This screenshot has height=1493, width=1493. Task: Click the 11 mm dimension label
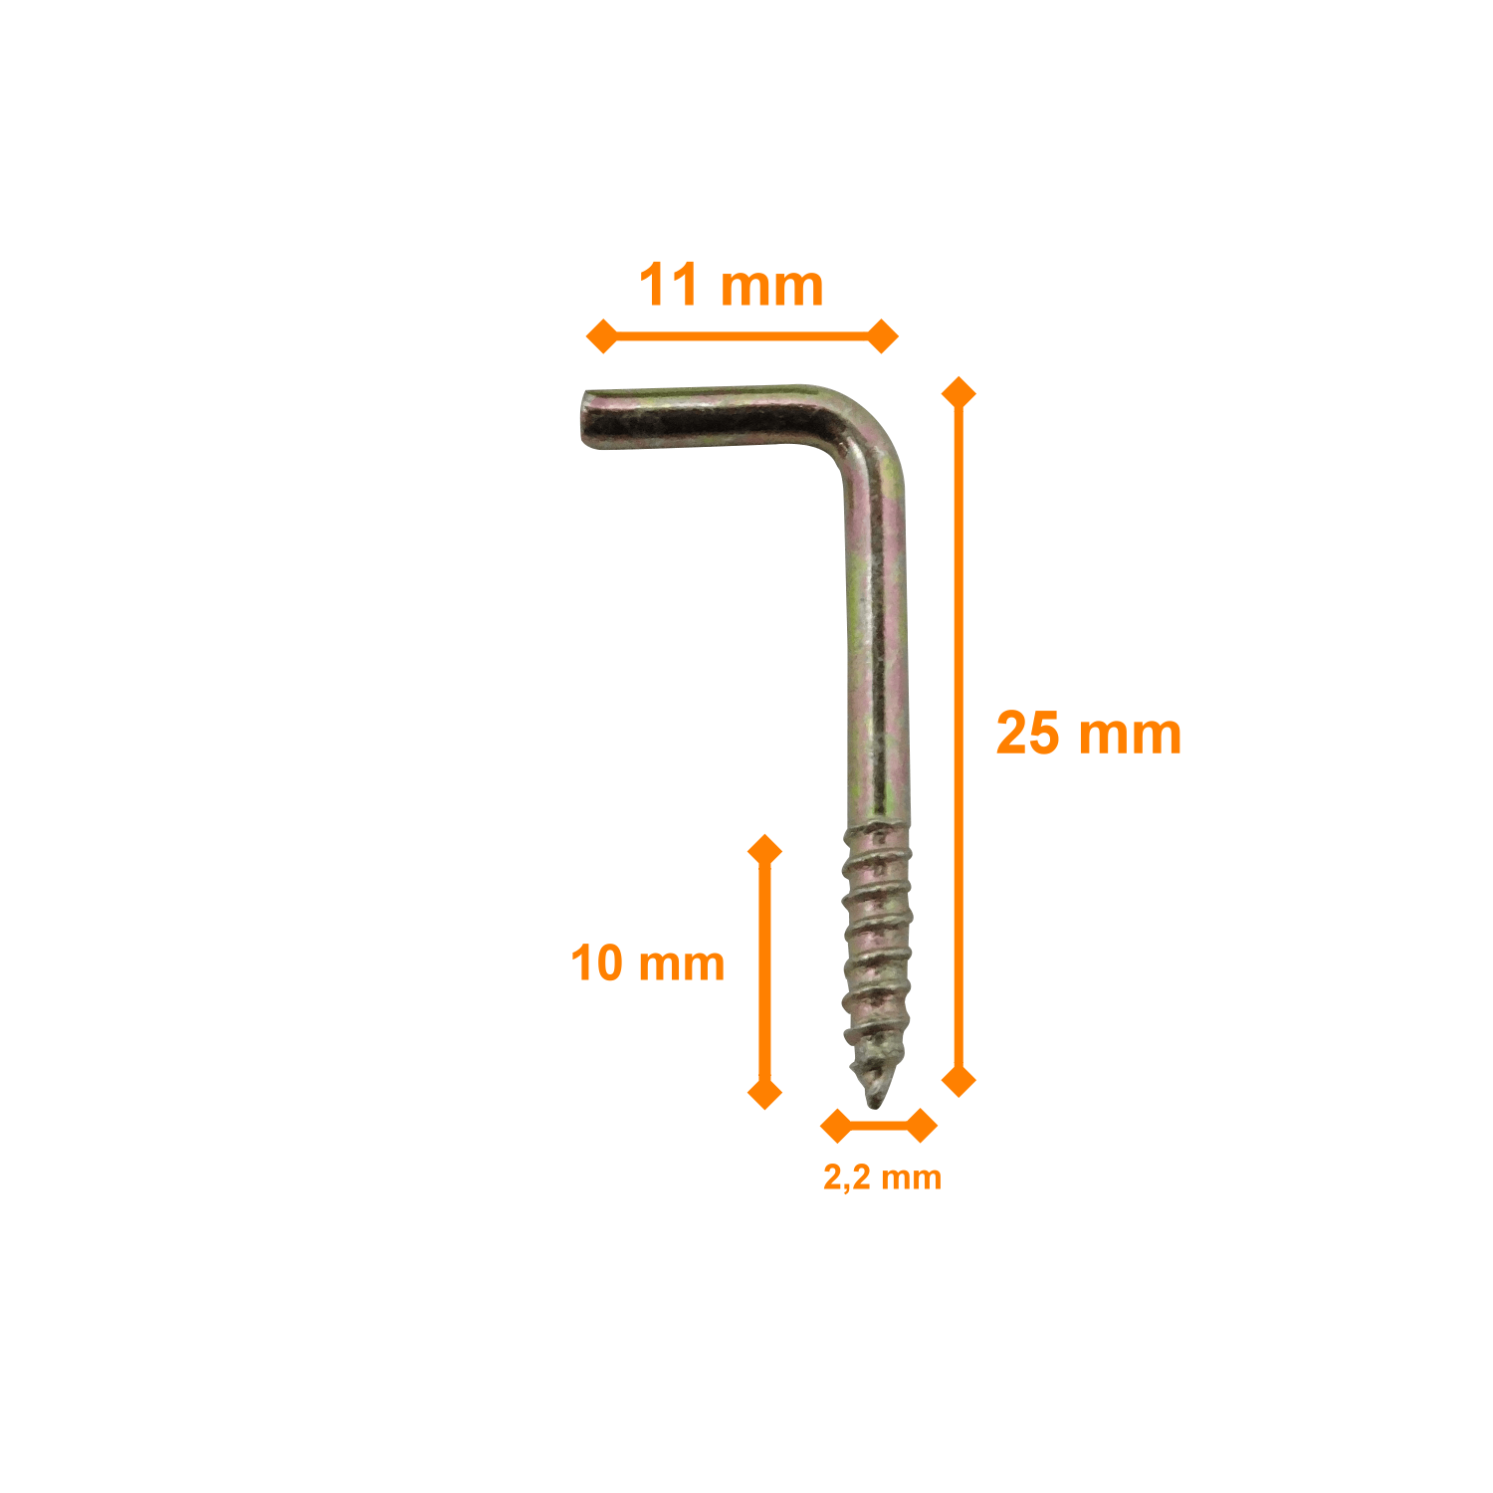click(732, 286)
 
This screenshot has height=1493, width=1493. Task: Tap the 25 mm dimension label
click(1089, 734)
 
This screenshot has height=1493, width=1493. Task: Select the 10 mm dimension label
click(648, 963)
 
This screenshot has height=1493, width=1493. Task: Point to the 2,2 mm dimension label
click(882, 1177)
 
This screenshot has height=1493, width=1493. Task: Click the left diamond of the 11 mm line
click(602, 336)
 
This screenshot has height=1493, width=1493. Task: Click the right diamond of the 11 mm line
click(882, 336)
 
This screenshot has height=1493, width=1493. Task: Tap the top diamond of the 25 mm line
click(959, 393)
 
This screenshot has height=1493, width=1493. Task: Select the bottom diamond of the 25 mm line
click(959, 1080)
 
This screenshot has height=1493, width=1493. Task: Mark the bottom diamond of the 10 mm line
click(764, 1093)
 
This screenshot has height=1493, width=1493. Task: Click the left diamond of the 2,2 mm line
click(837, 1126)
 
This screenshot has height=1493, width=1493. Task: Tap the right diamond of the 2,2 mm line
click(921, 1126)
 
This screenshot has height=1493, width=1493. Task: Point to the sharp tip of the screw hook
click(874, 1106)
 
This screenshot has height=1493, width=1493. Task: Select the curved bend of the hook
click(864, 430)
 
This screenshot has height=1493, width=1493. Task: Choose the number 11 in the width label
click(669, 286)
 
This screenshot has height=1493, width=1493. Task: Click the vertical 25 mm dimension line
click(959, 737)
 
